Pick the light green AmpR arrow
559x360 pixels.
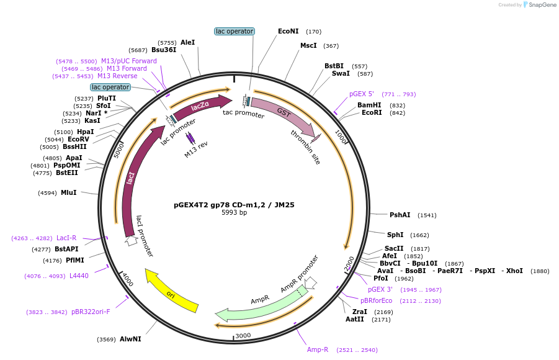point(261,305)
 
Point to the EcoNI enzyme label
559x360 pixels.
point(288,31)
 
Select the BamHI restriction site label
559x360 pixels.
point(369,105)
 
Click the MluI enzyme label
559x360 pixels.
point(68,193)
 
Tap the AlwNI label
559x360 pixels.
point(130,340)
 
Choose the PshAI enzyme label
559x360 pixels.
point(400,215)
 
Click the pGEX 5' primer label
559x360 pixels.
point(362,94)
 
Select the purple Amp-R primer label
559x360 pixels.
point(318,350)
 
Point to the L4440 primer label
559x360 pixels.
point(79,276)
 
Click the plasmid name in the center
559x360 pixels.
point(234,205)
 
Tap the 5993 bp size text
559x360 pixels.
point(234,213)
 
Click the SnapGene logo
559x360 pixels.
point(539,5)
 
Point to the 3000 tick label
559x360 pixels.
point(243,336)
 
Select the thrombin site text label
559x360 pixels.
point(306,147)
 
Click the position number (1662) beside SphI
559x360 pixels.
point(419,235)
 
